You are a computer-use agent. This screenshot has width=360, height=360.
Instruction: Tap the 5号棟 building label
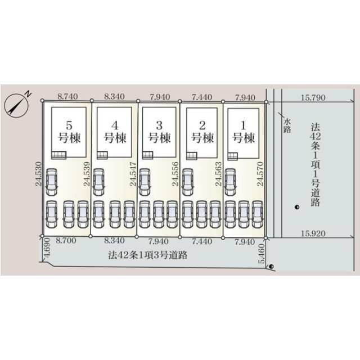pos(69,132)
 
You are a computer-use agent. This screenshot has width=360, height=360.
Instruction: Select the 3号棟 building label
pos(159,132)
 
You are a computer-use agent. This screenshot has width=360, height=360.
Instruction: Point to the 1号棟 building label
pos(244,132)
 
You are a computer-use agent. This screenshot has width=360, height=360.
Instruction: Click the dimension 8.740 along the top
pos(67,96)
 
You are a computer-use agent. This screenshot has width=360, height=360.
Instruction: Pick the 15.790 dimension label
pos(313,97)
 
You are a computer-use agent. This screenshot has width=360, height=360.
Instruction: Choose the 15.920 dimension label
pos(313,233)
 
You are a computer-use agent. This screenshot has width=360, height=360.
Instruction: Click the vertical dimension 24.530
pos(39,174)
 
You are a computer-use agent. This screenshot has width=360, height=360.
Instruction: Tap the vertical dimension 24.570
pos(260,174)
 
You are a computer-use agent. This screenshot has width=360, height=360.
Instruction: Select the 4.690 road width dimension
pos(47,247)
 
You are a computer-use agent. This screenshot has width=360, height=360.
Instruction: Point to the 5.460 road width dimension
pos(262,254)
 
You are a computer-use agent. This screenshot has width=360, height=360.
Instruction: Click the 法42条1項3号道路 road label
pos(147,255)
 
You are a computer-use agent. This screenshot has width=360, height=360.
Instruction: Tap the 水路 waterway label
pos(287,125)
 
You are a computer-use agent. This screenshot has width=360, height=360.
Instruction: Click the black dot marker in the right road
pos(297,208)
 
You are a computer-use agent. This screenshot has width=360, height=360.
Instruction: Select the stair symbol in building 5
pos(58,155)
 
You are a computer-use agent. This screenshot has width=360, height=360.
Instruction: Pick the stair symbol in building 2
pos(192,156)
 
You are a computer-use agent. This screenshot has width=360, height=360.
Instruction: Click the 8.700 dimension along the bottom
pos(66,240)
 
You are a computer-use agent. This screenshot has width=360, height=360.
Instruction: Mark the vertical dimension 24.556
pos(175,174)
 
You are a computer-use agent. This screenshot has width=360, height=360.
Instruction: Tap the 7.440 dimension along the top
pos(202,97)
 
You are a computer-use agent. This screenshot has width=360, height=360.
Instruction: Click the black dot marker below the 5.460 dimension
pos(272,267)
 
